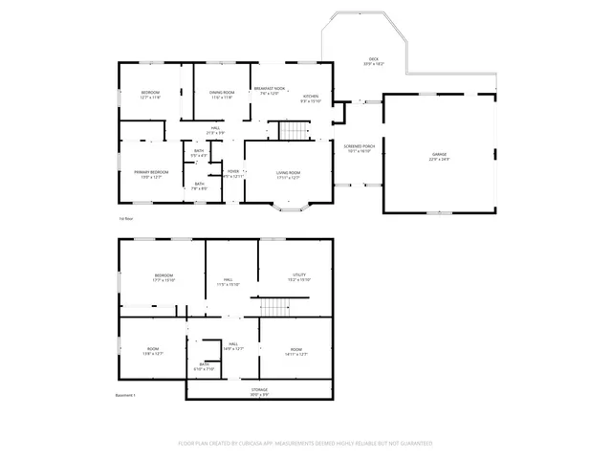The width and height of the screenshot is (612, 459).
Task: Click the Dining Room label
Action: coord(222,95)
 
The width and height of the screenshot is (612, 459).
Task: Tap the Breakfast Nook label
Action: coord(270,91)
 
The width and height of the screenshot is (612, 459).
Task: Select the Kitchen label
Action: coord(312,98)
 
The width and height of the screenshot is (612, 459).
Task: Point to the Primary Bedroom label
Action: coord(151,174)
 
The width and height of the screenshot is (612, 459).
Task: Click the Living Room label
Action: coord(288,174)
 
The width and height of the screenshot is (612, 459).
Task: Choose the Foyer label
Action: coord(233,174)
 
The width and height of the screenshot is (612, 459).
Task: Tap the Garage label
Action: coord(439,156)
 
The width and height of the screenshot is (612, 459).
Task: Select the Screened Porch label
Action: coord(361,148)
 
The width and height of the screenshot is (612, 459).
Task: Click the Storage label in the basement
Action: coord(259,392)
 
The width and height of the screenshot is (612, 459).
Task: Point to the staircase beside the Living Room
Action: coord(289,131)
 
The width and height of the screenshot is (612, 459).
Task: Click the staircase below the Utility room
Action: coord(275,307)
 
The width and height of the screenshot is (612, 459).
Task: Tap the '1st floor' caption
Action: coord(126,218)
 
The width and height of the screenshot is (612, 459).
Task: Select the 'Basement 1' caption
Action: coord(126,395)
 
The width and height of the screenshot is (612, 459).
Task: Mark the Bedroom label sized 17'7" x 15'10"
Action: coord(164,277)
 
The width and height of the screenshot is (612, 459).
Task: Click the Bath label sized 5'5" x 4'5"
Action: coord(199,152)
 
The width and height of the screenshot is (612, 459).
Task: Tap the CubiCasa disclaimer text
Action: coord(306,444)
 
